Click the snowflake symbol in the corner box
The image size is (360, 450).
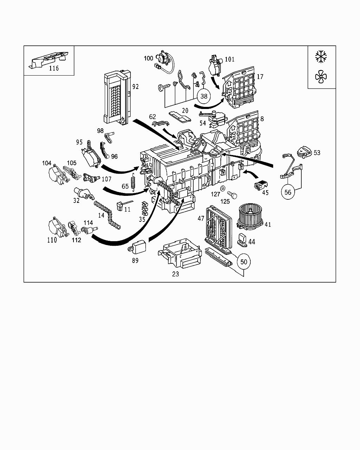(321, 56)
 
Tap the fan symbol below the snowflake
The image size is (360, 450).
(321, 77)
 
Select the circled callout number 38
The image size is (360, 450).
(204, 96)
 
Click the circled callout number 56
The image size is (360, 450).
(288, 192)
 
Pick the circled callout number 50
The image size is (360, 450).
(244, 262)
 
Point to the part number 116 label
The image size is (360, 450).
(53, 68)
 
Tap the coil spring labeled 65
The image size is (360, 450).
(133, 182)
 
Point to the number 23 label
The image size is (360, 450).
(175, 274)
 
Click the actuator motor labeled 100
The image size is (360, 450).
(162, 58)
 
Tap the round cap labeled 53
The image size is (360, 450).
(303, 152)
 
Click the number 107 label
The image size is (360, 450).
(106, 179)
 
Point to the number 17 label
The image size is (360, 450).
(260, 77)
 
